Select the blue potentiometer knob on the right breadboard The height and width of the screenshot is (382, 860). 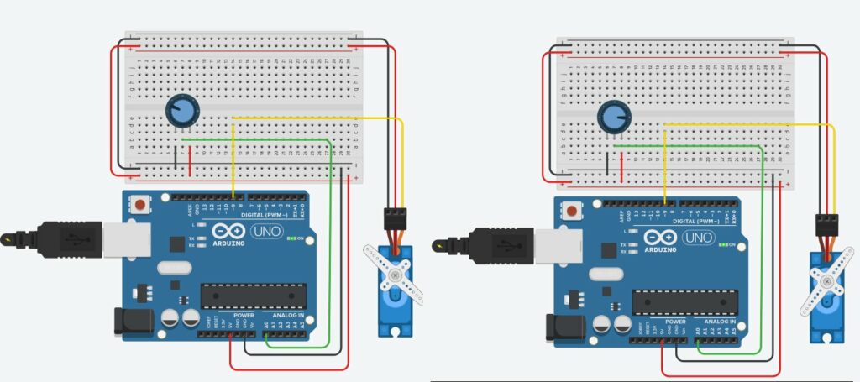click(x=614, y=117)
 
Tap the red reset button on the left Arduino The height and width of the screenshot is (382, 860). click(x=140, y=204)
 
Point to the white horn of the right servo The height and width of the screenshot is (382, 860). click(x=825, y=283)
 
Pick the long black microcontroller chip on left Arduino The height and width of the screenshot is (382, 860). click(x=252, y=296)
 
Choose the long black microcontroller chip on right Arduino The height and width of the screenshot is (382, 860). click(x=684, y=303)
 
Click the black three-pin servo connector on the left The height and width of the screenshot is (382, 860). click(x=395, y=219)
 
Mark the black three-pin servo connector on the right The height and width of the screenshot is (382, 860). click(x=826, y=226)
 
